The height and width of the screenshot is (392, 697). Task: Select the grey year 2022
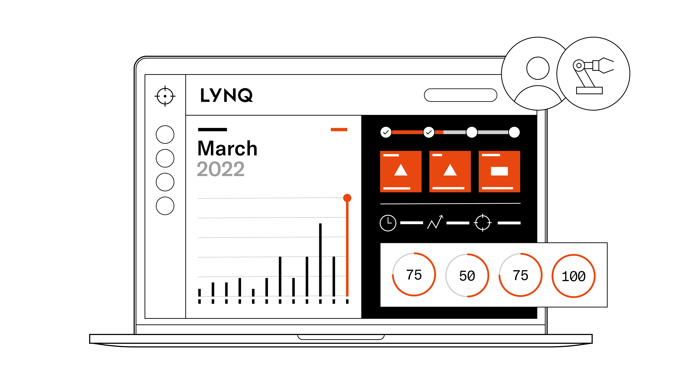click(220, 169)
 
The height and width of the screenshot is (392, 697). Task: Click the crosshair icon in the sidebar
click(165, 96)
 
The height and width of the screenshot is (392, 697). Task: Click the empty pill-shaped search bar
click(460, 95)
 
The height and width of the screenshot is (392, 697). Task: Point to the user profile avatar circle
click(538, 74)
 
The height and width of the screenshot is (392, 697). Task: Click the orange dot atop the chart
click(347, 198)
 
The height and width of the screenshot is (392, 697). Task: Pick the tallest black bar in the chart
click(320, 260)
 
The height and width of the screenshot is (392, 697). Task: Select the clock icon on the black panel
click(388, 223)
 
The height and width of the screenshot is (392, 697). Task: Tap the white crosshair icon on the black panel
click(483, 223)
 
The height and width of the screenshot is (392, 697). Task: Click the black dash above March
click(212, 130)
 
